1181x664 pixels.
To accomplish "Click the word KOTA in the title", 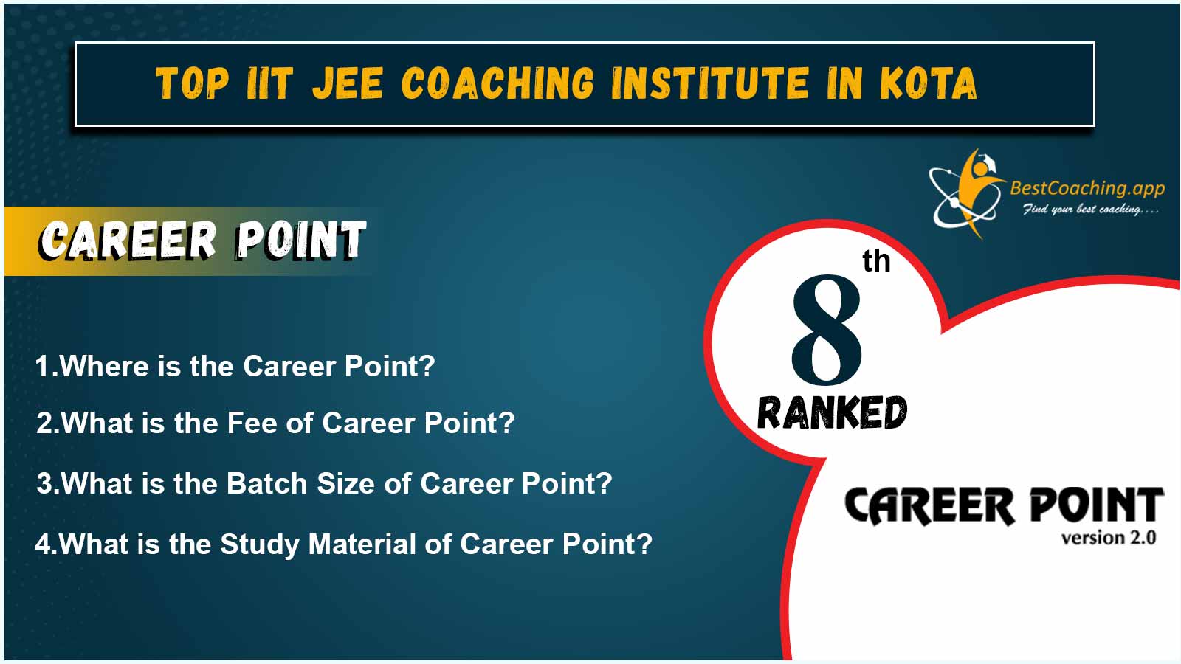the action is [x=929, y=83].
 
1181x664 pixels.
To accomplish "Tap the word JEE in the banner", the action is [x=348, y=83].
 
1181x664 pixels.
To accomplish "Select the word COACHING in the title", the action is [x=497, y=83].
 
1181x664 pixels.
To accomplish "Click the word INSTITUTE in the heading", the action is [x=709, y=83].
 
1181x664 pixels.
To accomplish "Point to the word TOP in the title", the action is [x=193, y=83].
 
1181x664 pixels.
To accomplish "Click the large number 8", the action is [x=826, y=329].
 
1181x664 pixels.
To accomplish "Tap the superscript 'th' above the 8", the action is [x=876, y=261].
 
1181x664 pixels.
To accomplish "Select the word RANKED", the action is [x=832, y=412].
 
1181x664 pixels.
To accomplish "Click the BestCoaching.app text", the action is [x=1087, y=188].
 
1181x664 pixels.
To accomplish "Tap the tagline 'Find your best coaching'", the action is [x=1091, y=210].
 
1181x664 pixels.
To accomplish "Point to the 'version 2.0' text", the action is [x=1109, y=538].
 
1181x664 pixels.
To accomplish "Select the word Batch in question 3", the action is [x=266, y=483].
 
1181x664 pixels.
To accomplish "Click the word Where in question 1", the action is [x=104, y=366].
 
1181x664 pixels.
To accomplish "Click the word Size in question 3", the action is [x=346, y=483].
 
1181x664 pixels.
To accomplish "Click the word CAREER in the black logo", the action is [x=929, y=506].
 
